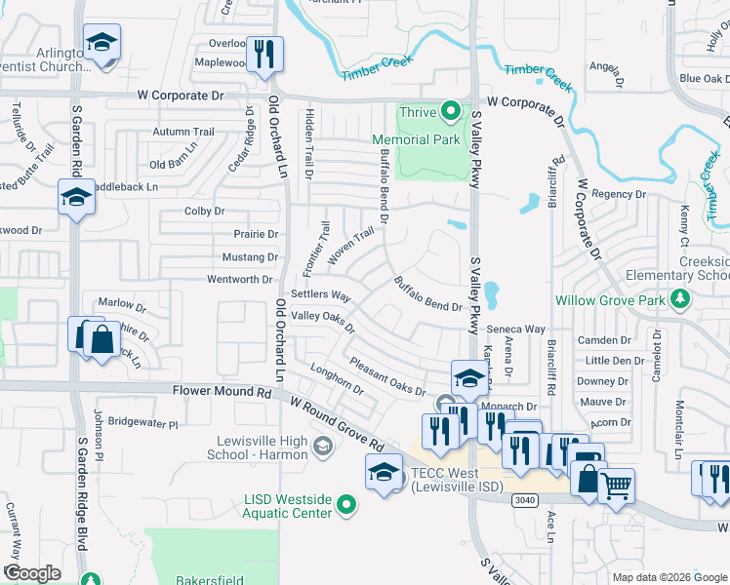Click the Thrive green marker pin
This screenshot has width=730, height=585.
(450, 111)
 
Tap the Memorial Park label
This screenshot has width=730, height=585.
(429, 139)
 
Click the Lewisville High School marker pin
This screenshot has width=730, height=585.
(321, 448)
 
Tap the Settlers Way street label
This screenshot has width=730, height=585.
(320, 294)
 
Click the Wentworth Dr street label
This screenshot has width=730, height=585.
(239, 280)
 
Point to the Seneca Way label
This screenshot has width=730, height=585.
(516, 329)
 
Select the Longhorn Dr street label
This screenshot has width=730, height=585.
(336, 379)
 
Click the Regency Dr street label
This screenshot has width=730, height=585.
(613, 194)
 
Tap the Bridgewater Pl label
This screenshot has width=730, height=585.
(143, 423)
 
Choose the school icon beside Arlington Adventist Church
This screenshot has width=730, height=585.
(101, 44)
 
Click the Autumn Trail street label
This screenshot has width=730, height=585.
(183, 132)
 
